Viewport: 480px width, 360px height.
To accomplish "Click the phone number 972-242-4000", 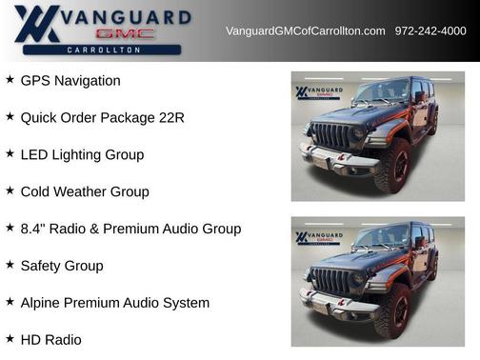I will pos(430,31).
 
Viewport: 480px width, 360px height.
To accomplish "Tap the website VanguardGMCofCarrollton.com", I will pos(305,31).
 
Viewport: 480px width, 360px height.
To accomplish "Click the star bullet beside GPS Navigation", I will pos(10,80).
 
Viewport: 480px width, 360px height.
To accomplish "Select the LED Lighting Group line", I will pos(82,154).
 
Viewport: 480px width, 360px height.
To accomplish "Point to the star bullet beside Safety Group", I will pos(10,265).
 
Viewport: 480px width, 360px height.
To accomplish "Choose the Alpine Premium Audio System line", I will pos(114,303).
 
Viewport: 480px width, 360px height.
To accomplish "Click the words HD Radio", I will pos(50,339).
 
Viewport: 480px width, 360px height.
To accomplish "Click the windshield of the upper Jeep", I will pos(382,92).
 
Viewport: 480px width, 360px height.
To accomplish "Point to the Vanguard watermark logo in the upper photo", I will pos(315,92).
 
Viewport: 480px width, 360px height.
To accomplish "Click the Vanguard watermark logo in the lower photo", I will pos(315,237).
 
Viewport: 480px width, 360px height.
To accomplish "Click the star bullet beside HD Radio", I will pos(10,338).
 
